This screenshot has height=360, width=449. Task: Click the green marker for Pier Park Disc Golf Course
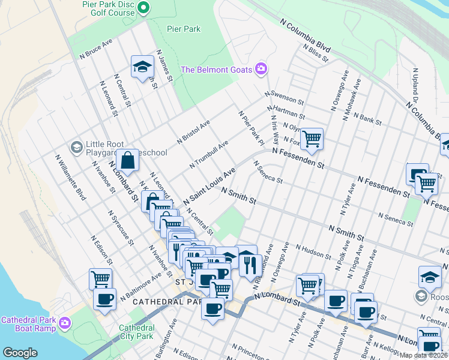pyautogui.click(x=143, y=8)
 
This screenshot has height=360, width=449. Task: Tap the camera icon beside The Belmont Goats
pyautogui.click(x=261, y=69)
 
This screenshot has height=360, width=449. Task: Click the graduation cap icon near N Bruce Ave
pyautogui.click(x=142, y=67)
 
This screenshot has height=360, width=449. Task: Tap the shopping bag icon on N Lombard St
pyautogui.click(x=128, y=161)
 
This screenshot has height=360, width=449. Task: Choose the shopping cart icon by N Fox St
pyautogui.click(x=312, y=139)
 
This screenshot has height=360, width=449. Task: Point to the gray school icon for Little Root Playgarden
pyautogui.click(x=76, y=147)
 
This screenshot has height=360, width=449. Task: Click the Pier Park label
pyautogui.click(x=184, y=29)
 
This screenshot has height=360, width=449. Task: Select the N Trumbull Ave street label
pyautogui.click(x=209, y=155)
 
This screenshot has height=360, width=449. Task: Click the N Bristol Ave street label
pyautogui.click(x=193, y=132)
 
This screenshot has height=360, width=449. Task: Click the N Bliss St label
pyautogui.click(x=315, y=53)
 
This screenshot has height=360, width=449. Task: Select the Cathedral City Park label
pyautogui.click(x=136, y=332)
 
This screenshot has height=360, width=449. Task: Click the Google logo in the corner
pyautogui.click(x=20, y=353)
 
